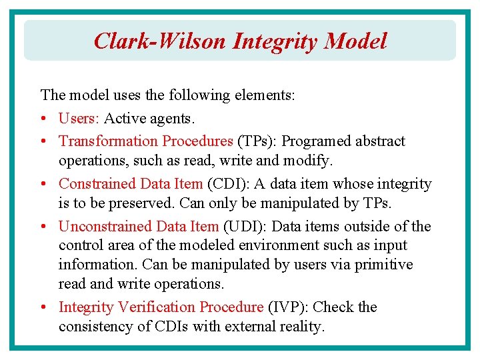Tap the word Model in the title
click(355, 41)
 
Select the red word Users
click(79, 119)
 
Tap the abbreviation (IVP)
click(287, 307)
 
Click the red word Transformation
click(107, 141)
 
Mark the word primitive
click(383, 265)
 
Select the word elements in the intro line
click(263, 95)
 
